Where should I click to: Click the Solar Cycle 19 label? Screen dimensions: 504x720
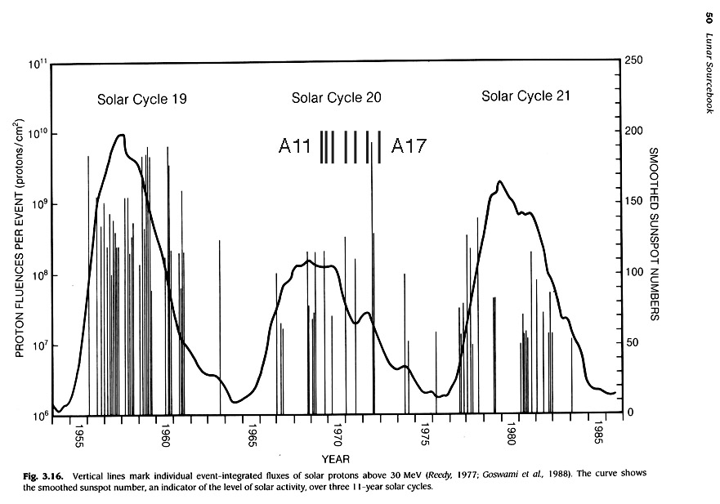click(x=142, y=100)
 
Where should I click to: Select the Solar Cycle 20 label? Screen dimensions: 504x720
click(x=336, y=99)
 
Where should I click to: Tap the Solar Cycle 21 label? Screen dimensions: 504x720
click(x=525, y=96)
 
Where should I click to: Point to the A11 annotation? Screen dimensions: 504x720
click(x=295, y=147)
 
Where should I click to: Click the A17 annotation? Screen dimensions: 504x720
click(x=409, y=147)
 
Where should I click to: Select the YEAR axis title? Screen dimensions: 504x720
click(x=336, y=459)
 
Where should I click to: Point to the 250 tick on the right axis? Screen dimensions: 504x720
click(x=632, y=60)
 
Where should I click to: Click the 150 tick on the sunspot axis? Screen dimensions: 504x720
click(x=632, y=201)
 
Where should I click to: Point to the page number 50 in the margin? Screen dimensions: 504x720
click(x=708, y=20)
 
